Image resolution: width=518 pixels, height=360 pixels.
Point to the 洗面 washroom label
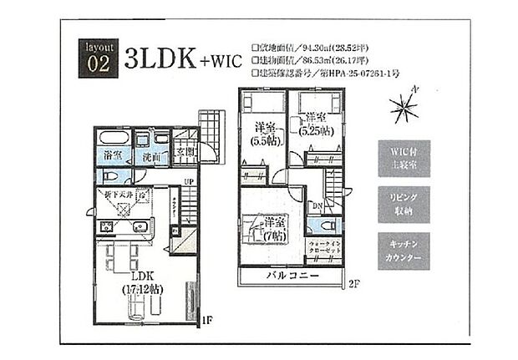point(151,156)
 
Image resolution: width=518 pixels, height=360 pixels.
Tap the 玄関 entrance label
point(185,153)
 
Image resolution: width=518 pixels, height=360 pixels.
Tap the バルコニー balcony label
point(292,276)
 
